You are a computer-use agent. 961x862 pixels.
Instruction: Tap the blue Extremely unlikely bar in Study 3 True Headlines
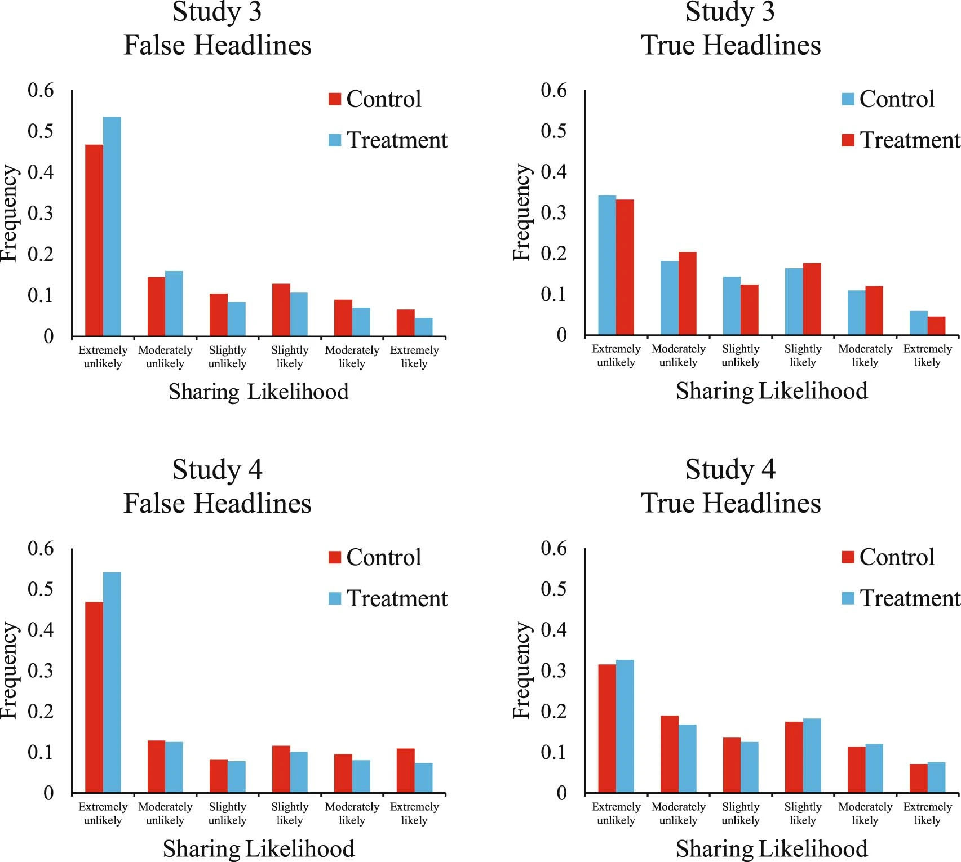(x=607, y=265)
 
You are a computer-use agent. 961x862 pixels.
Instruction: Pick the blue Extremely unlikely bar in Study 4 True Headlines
(x=625, y=726)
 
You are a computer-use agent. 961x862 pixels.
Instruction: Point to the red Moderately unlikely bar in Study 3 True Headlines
(x=688, y=294)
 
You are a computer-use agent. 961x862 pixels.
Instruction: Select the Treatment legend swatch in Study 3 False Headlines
(x=335, y=140)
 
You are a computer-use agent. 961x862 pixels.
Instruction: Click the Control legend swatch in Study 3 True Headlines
(x=848, y=99)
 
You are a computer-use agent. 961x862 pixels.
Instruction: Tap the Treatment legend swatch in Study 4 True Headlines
(x=848, y=598)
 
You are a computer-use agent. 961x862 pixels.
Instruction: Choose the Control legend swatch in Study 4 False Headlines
(x=335, y=557)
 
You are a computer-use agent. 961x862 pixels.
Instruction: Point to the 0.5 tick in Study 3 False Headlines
(x=41, y=131)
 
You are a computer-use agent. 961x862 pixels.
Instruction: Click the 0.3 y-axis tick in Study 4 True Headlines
(x=553, y=670)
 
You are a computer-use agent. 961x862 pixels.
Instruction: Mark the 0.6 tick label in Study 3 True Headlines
(x=553, y=90)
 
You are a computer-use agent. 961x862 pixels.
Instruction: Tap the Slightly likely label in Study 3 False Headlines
(x=290, y=357)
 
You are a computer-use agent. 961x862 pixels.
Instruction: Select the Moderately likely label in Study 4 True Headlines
(x=865, y=814)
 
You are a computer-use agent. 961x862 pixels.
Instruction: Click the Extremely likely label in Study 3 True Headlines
(x=927, y=356)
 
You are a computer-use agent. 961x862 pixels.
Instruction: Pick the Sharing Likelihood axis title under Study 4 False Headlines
(x=259, y=849)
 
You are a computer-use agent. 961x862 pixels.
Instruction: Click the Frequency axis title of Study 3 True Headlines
(x=522, y=213)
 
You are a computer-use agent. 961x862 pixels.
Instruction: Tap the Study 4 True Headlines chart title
(x=730, y=486)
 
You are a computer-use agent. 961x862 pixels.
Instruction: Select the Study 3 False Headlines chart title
(x=218, y=28)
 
